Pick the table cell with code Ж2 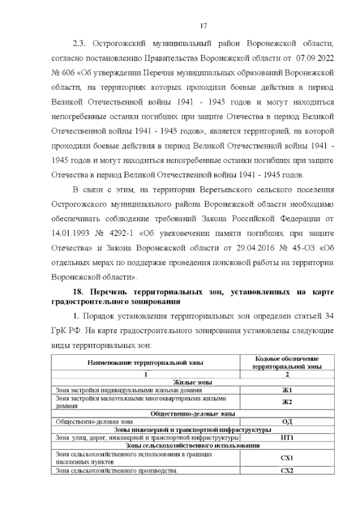(287, 401)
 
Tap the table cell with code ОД (287, 421)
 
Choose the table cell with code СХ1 (287, 457)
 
